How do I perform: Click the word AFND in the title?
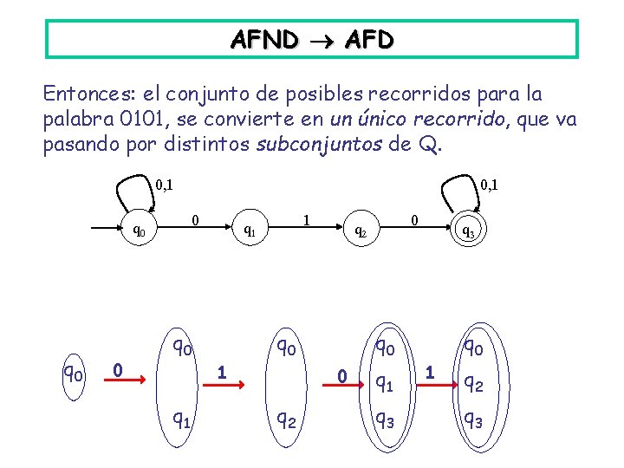coord(264,39)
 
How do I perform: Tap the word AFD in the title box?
coord(368,39)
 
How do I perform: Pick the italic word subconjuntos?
coord(320,144)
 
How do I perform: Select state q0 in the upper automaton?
coord(137,231)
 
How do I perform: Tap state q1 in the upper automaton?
coord(248,231)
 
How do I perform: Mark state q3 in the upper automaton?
coord(466,231)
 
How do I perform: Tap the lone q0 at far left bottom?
coord(73,374)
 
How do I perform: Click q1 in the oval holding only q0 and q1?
coord(180,420)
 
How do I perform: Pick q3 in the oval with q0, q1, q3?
coord(383,420)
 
